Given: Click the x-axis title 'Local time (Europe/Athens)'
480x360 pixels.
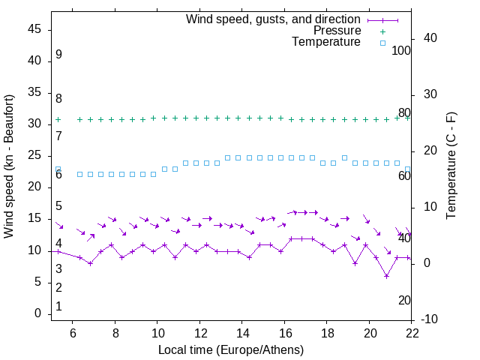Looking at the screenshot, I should coord(231,349).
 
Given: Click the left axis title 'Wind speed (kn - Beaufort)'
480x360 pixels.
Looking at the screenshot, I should coord(9,166).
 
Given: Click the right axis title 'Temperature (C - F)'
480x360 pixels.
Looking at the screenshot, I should coord(451,166).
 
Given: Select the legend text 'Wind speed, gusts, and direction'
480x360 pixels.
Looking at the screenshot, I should coord(274,19).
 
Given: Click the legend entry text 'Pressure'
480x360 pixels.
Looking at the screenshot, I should coord(337,31).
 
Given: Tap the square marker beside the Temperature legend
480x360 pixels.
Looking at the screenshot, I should coord(382,43).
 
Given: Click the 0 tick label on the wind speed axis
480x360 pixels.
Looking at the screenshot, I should coord(37,313).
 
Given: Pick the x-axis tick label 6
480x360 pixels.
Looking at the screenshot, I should coord(73,332).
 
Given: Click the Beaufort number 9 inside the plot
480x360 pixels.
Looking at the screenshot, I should coord(58,55).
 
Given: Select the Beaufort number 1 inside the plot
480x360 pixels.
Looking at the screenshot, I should coord(58,307).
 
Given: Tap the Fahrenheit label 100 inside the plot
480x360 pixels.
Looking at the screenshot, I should coord(402,50).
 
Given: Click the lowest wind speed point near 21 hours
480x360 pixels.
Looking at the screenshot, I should coord(386,276).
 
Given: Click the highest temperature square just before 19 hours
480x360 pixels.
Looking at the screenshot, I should coord(344,157).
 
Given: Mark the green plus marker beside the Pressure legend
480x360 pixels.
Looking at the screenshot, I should coord(382,31).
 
